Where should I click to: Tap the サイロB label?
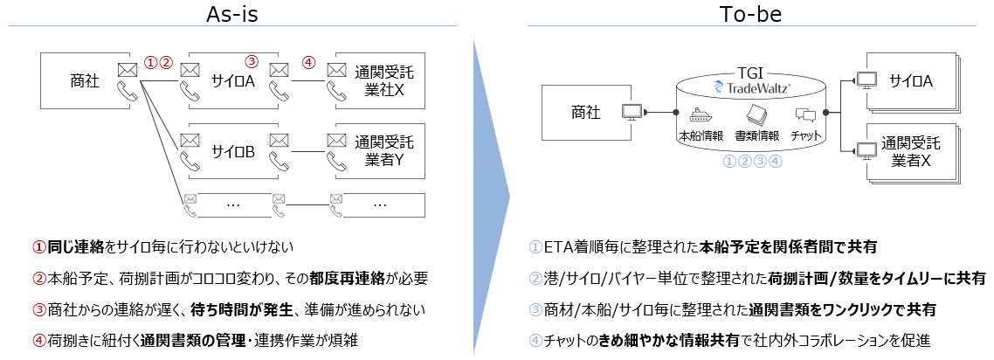232,152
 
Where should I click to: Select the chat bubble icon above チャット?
804,115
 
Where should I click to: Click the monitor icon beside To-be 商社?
632,112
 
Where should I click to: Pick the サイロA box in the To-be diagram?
911,81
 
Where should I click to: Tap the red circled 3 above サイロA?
252,62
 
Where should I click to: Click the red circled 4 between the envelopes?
307,63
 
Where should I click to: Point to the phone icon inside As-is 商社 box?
128,91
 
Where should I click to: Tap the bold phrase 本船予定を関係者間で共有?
789,247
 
